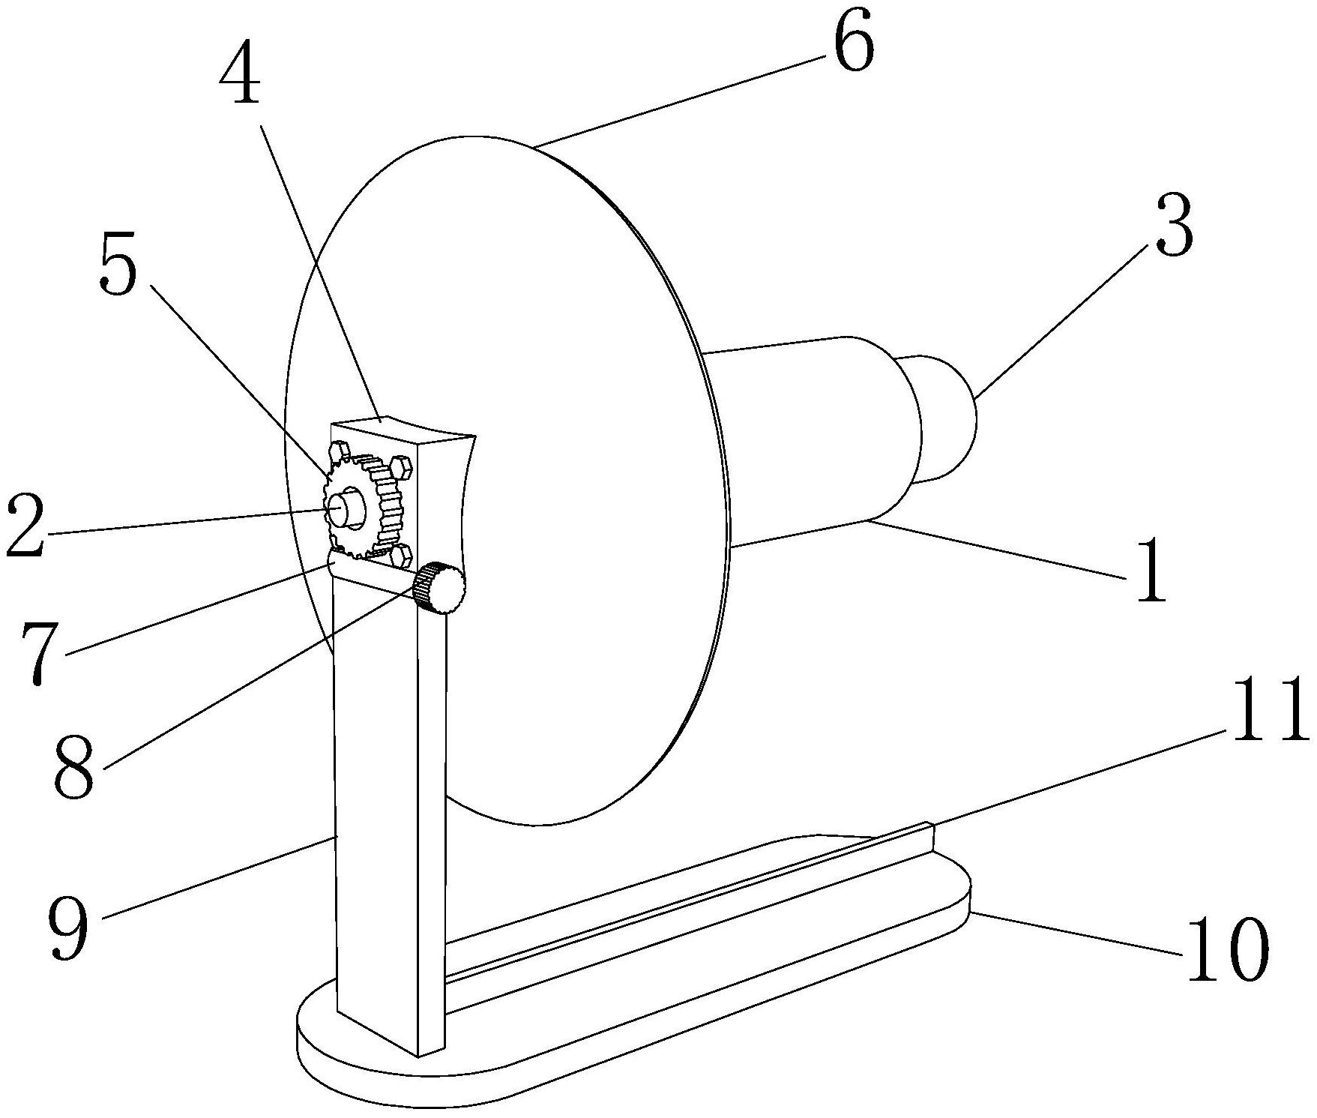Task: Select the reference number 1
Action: coord(1151,580)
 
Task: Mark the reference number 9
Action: coord(69,928)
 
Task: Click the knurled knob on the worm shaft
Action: coord(441,587)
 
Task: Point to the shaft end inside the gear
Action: coord(342,506)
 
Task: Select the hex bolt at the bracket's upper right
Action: coord(402,469)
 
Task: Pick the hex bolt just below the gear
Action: coord(401,556)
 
